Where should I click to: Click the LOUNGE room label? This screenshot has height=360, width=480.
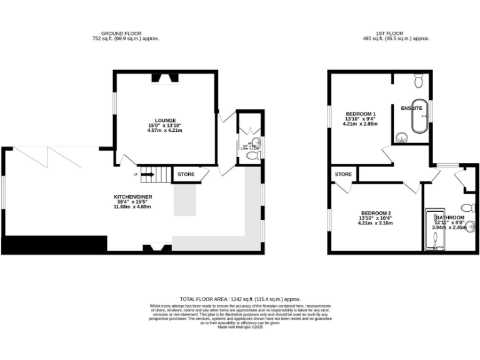point(166,121)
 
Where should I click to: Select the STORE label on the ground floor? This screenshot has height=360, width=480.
point(186,174)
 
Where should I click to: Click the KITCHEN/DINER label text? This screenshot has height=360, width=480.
point(133,196)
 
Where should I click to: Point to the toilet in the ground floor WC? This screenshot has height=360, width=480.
point(252,156)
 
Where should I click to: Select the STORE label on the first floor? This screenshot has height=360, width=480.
point(343,174)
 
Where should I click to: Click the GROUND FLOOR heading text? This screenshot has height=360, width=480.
point(122,33)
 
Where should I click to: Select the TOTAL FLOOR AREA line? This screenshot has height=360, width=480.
point(241,299)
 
